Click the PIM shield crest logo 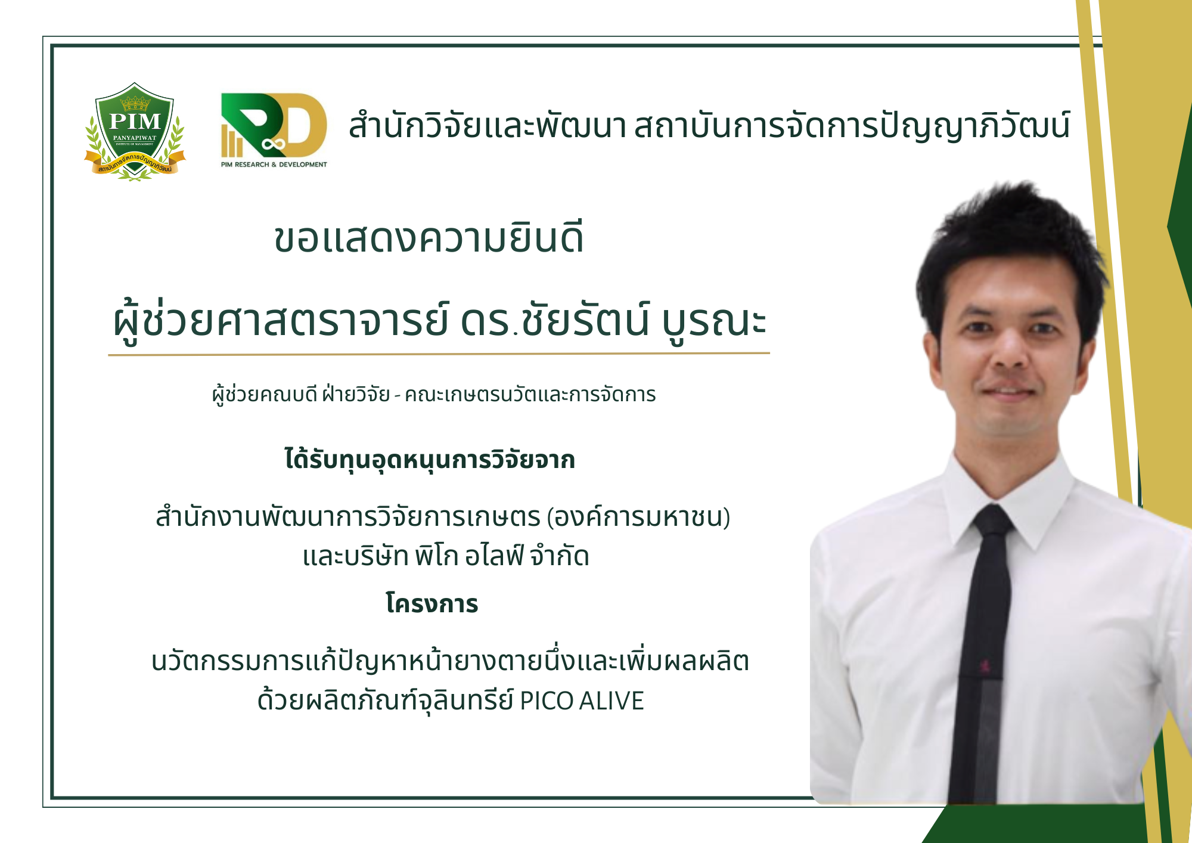135,131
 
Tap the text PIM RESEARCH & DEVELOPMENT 274,165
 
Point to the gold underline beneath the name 439,354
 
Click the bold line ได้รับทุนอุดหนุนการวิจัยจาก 430,460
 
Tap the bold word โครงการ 432,603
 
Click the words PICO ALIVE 582,701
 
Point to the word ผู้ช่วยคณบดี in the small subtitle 265,393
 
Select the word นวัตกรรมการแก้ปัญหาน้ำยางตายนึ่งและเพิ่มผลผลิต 451,661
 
